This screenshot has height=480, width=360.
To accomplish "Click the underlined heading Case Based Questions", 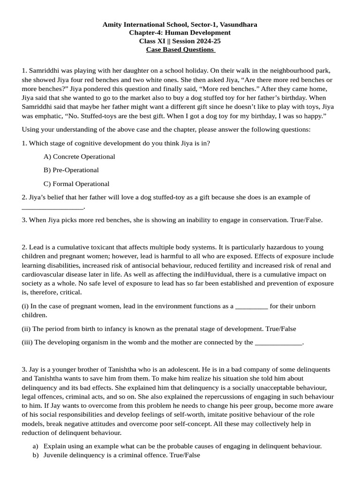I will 180,50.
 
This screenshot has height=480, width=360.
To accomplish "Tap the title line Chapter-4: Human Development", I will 180,33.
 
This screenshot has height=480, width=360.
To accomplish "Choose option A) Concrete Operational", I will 79,157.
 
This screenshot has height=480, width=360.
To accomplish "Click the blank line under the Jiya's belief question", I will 52,206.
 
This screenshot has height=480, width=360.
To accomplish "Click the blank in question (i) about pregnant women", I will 251,306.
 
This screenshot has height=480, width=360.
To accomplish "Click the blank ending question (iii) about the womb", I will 278,342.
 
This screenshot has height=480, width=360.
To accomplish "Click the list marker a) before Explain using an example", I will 36,446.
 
